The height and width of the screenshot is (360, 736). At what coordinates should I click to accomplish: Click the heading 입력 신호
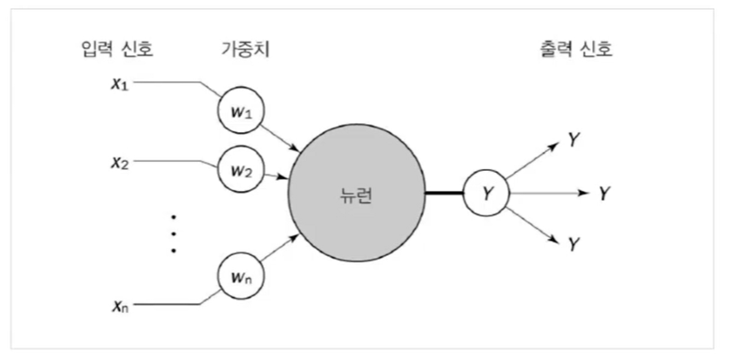click(x=117, y=49)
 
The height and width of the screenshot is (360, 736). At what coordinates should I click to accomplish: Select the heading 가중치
click(x=246, y=49)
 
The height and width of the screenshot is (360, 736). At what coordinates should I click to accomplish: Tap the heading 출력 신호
click(x=577, y=49)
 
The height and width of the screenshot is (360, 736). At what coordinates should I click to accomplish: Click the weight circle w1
click(x=241, y=111)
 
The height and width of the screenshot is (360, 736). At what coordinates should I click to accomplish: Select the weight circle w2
click(x=241, y=170)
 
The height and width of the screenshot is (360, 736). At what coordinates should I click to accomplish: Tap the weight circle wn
click(x=241, y=277)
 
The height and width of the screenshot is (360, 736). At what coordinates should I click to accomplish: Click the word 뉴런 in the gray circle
click(x=356, y=195)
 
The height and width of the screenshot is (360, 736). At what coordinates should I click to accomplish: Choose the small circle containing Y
click(x=486, y=193)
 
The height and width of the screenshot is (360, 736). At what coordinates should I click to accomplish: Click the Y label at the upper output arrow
click(x=573, y=139)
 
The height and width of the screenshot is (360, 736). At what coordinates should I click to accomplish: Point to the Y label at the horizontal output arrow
click(x=605, y=193)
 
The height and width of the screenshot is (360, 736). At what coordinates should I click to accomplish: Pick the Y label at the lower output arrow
click(x=573, y=244)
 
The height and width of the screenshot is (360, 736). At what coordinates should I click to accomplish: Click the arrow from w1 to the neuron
click(x=280, y=138)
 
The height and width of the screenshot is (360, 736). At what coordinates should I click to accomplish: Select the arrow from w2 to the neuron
click(x=276, y=176)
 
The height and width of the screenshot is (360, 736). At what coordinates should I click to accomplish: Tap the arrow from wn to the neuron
click(x=279, y=248)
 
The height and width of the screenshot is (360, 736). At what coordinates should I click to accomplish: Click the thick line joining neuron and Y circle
click(x=444, y=193)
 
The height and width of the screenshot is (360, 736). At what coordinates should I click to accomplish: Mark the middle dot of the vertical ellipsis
click(x=174, y=233)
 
